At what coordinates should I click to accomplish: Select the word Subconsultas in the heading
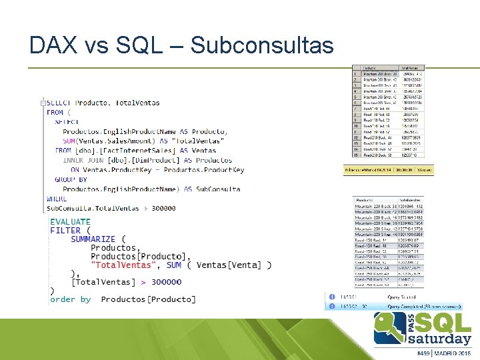pos(262,45)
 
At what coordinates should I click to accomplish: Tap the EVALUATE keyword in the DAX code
pos(70,222)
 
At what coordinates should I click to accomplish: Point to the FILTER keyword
pos(65,231)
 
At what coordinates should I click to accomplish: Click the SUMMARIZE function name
pos(93,239)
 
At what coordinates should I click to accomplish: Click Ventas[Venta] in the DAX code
pos(232,265)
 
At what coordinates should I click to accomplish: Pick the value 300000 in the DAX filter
pos(166,282)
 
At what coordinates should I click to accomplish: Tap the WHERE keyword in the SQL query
pos(57,199)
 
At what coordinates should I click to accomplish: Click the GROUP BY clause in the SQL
pos(71,179)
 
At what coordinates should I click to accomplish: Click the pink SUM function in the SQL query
pos(69,141)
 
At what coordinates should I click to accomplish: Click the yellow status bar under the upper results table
pos(388,171)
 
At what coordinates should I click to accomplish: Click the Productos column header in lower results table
pos(365,200)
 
